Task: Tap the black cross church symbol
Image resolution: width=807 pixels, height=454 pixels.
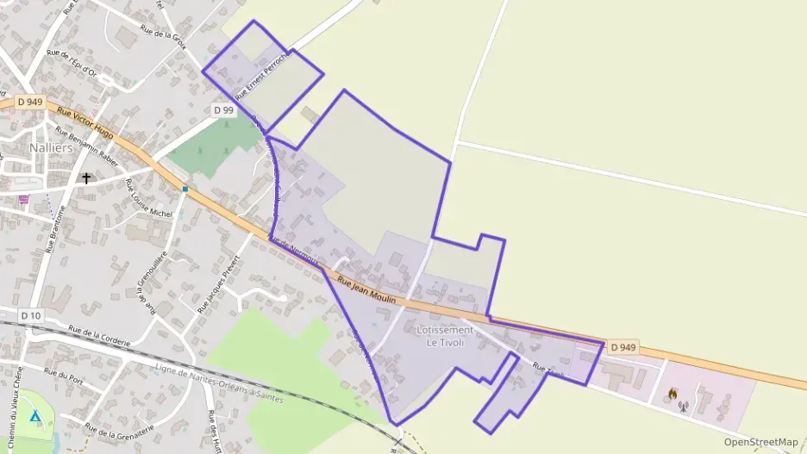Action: click(86, 179)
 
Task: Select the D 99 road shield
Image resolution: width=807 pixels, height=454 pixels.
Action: click(223, 110)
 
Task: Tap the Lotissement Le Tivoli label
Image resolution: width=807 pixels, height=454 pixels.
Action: click(445, 336)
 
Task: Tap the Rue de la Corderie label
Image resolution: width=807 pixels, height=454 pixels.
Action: click(99, 336)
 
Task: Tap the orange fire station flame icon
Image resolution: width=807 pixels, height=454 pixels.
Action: click(671, 393)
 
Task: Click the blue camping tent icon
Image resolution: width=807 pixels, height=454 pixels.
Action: click(34, 415)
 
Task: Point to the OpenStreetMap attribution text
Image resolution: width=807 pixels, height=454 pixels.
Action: click(760, 442)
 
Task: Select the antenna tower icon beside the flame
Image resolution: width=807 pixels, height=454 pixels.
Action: click(684, 406)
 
